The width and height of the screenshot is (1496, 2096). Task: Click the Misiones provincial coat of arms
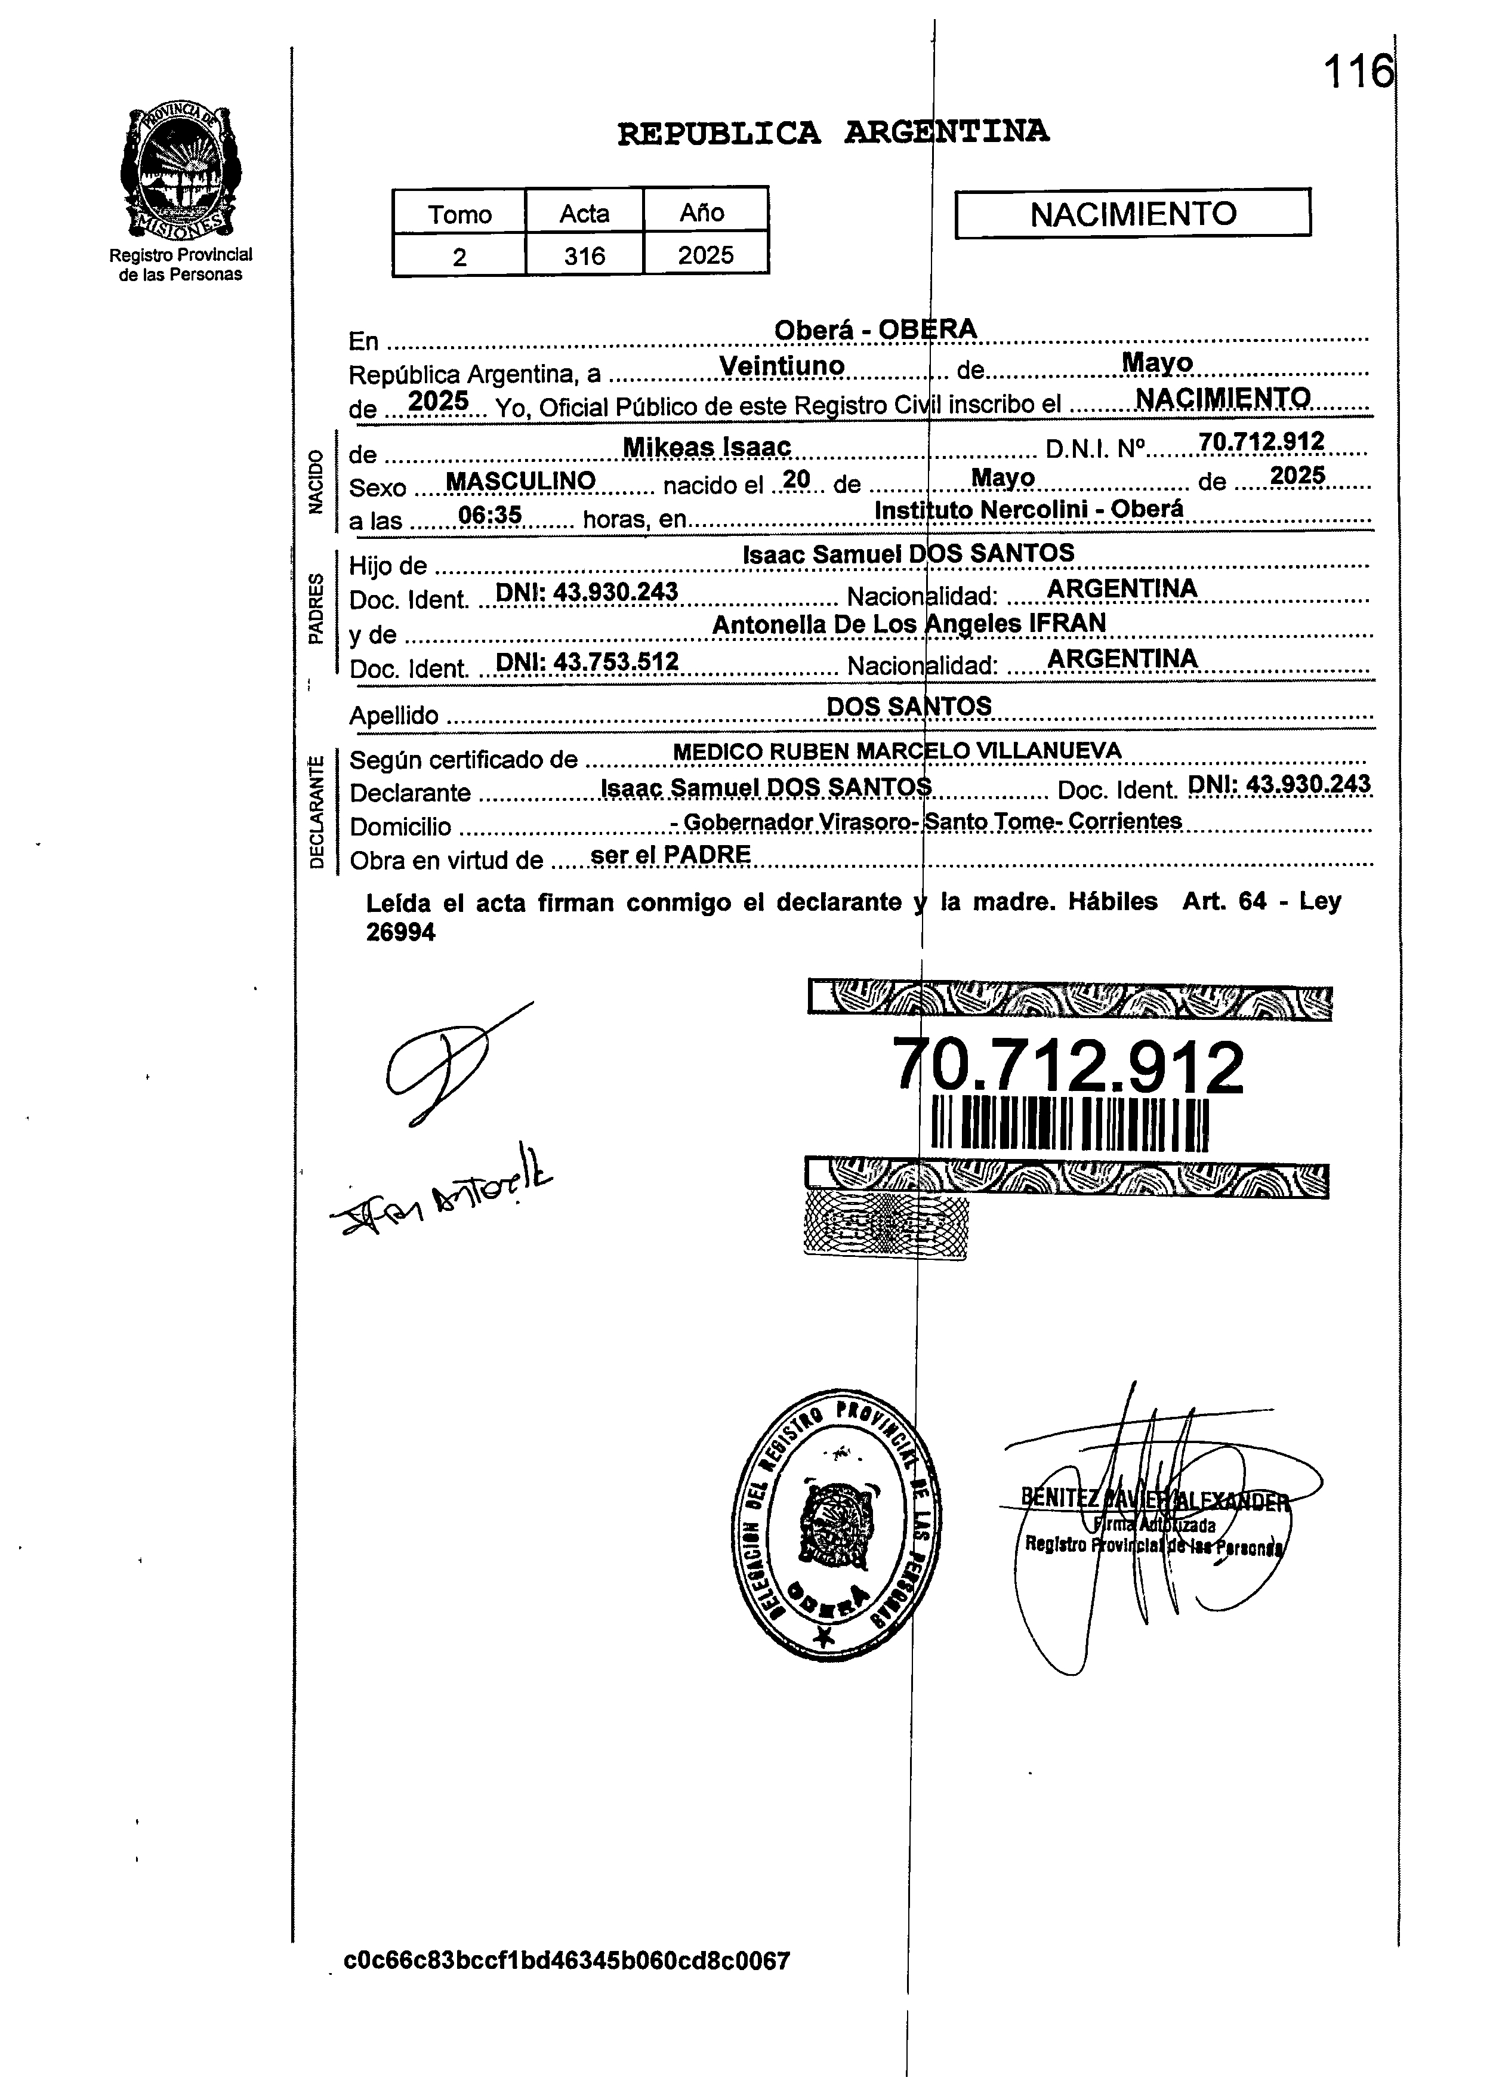tap(181, 172)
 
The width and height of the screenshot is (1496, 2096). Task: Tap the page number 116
tap(1358, 72)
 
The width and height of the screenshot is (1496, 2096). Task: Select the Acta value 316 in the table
tap(584, 255)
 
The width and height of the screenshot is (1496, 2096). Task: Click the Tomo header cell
tap(459, 214)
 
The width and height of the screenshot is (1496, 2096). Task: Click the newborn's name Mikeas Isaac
tap(707, 447)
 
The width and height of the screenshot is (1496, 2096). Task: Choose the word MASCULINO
tap(520, 481)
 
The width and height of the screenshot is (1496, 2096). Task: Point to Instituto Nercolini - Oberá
tap(1028, 510)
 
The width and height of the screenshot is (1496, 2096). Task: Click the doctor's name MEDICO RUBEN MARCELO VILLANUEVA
tap(897, 751)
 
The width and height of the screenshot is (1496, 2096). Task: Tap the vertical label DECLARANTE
tap(316, 810)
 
